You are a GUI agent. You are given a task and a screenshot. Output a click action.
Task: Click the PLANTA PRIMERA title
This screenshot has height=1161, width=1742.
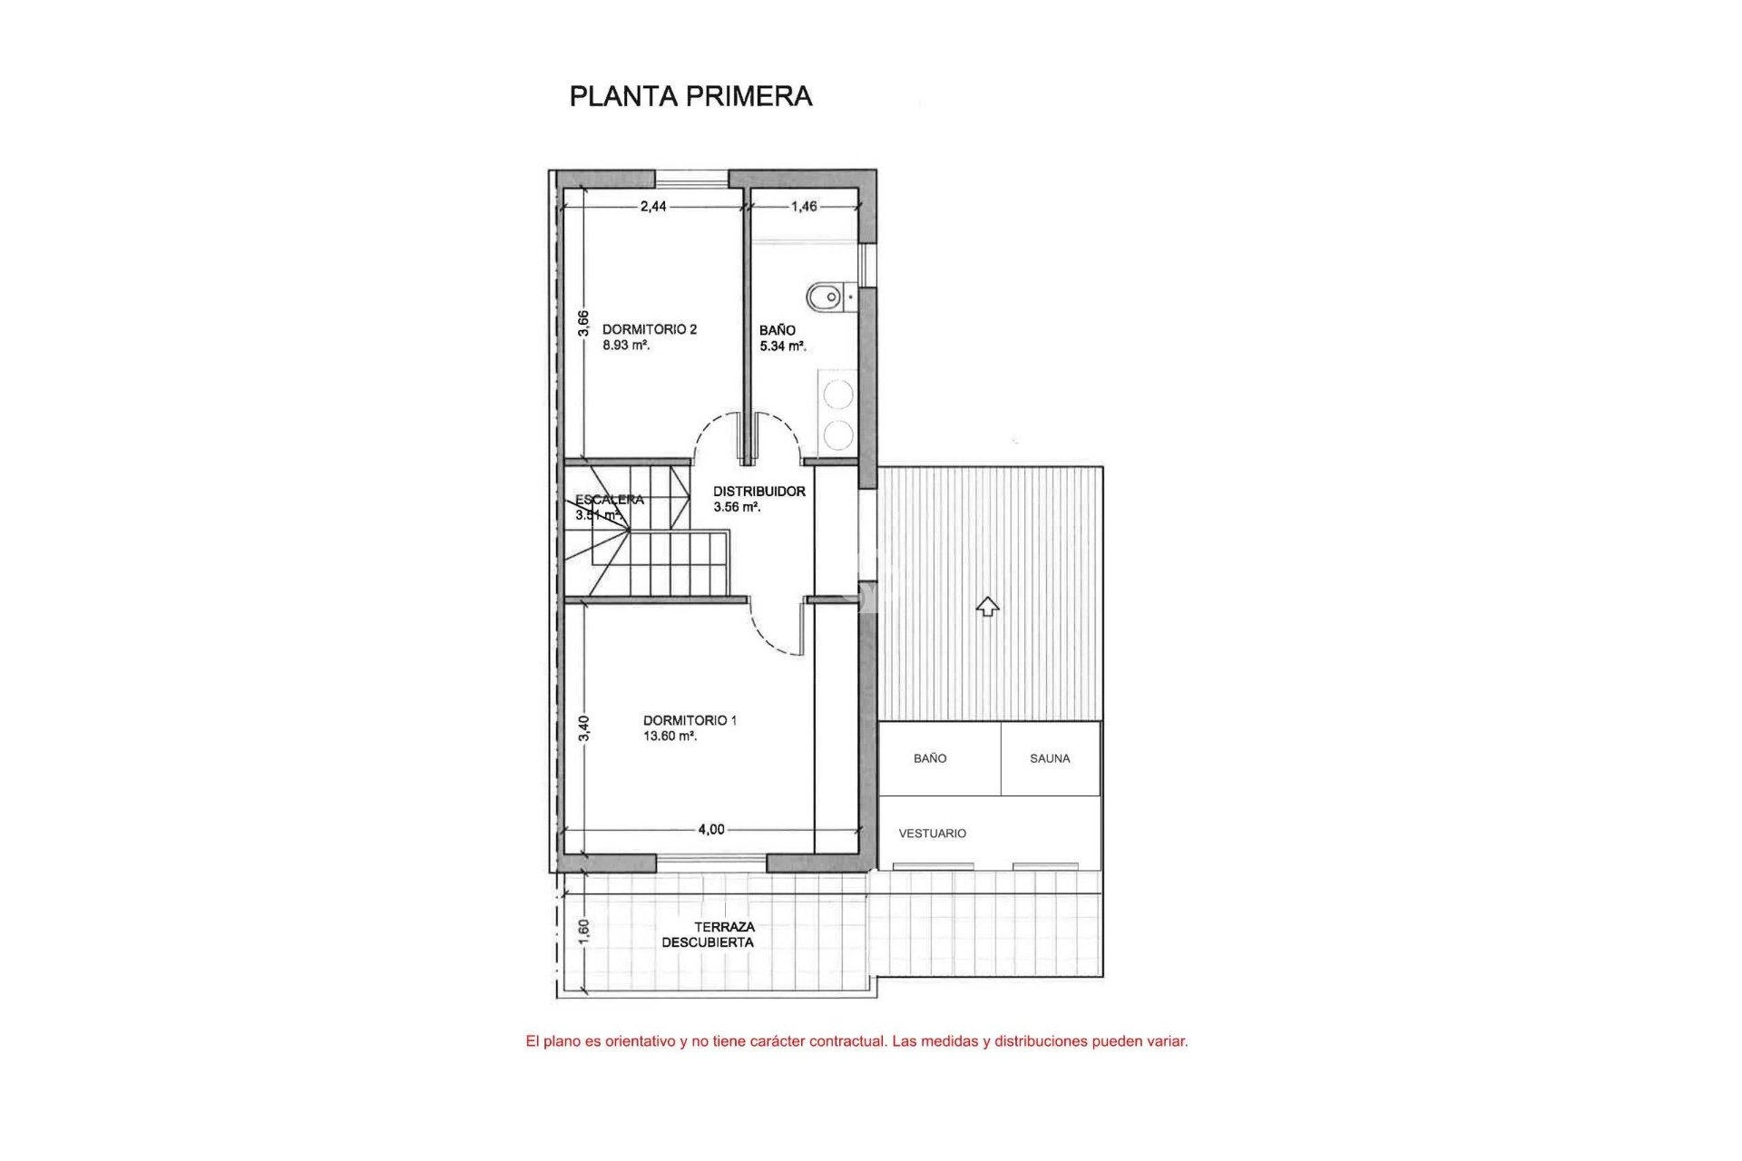tap(690, 96)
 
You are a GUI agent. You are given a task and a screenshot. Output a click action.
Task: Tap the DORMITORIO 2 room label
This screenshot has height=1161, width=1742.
tap(649, 329)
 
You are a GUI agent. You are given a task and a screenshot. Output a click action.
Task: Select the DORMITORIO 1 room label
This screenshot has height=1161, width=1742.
tap(690, 720)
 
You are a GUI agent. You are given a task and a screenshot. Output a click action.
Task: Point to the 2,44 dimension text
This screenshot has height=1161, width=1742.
tap(653, 207)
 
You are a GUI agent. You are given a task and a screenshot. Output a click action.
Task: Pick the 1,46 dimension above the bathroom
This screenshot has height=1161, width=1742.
tap(803, 207)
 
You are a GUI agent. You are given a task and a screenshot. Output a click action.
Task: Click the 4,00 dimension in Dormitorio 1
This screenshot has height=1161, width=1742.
tap(711, 829)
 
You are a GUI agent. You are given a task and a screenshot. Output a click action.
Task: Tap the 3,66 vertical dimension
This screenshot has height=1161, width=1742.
tap(584, 323)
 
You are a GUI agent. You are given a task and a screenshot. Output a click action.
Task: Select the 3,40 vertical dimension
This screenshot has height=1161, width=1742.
tap(584, 727)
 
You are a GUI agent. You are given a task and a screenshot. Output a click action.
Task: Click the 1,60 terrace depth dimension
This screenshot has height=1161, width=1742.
tap(584, 931)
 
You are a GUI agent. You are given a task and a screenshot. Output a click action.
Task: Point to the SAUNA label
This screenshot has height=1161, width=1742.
tap(1050, 758)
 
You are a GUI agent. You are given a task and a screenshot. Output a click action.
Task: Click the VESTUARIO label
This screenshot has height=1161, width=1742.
tap(932, 833)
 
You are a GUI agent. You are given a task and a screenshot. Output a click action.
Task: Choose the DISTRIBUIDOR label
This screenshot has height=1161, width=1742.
tap(758, 491)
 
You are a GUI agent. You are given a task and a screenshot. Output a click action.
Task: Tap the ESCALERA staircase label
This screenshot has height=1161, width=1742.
tap(609, 500)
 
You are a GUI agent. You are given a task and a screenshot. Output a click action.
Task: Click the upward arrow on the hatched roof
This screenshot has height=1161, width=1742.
tap(988, 607)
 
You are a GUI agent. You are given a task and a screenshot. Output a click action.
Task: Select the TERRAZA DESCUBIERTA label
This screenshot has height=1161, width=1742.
tap(709, 934)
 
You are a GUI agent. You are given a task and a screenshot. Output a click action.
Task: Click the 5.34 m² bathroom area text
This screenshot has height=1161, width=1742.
tap(782, 346)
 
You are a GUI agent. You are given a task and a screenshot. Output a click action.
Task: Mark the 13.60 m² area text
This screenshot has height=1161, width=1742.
tap(670, 737)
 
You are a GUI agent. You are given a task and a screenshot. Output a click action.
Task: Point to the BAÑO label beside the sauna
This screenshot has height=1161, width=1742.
tap(930, 758)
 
